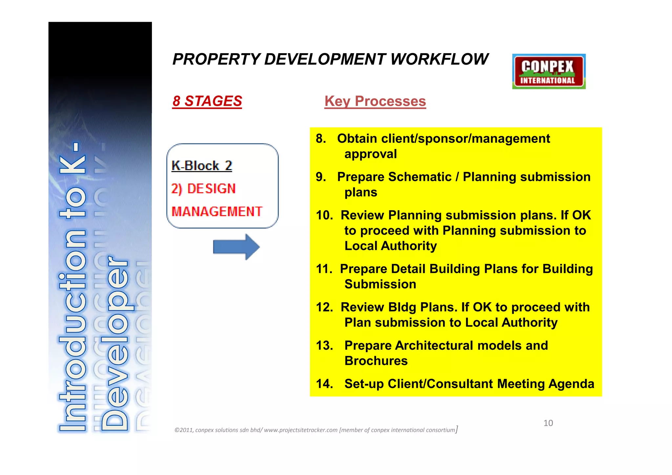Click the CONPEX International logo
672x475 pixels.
[549, 72]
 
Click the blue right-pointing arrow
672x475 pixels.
[236, 247]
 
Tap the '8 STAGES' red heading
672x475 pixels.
[207, 101]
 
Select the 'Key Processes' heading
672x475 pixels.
[375, 101]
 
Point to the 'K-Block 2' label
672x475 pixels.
[201, 165]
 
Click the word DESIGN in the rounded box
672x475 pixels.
[211, 189]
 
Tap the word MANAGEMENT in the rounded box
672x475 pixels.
[217, 212]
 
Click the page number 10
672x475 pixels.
[548, 423]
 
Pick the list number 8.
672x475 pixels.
[321, 139]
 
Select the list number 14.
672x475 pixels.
[324, 384]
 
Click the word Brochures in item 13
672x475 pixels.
[376, 361]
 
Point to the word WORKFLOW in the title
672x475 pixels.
[439, 59]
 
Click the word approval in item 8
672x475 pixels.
[370, 154]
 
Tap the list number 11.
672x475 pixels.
[324, 269]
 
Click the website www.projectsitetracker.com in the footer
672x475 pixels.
[301, 430]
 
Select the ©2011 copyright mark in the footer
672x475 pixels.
[184, 430]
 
